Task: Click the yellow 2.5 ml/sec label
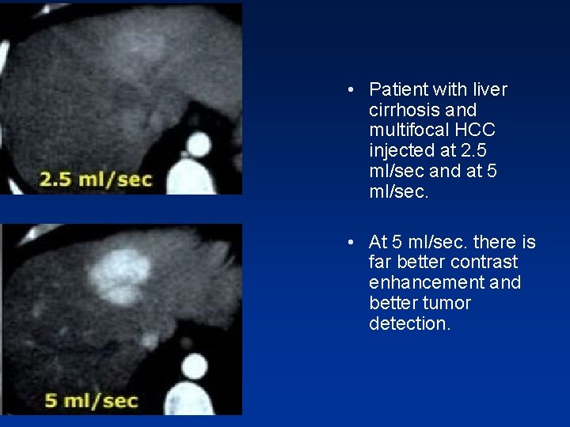[x=95, y=179]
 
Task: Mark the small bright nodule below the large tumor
[x=147, y=340]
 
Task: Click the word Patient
[x=398, y=90]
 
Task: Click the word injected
[x=400, y=151]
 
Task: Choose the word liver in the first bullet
[x=488, y=90]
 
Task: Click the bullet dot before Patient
[x=350, y=90]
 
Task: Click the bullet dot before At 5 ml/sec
[x=350, y=242]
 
